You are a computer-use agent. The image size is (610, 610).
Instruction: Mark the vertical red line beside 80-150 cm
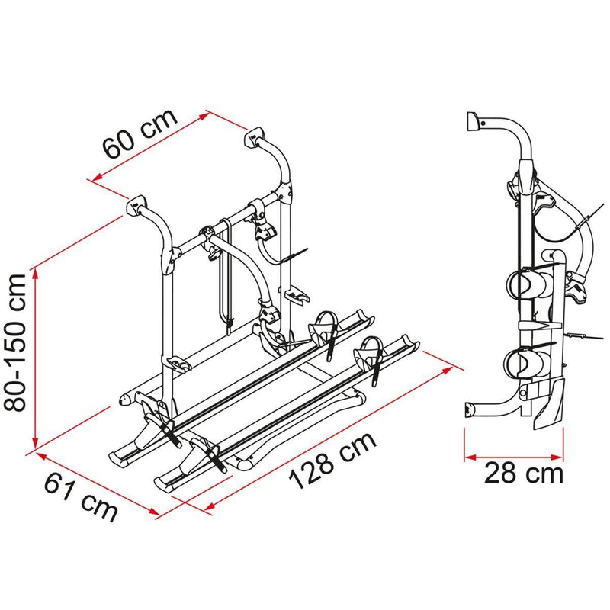[35, 358]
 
